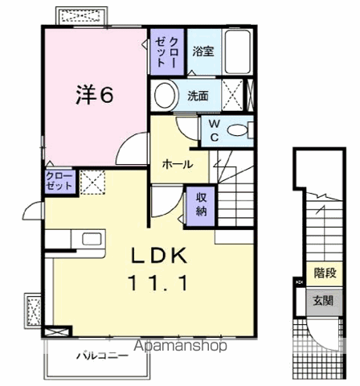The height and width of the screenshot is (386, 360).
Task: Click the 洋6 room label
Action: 94,95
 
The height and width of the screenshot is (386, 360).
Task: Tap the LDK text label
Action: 161,257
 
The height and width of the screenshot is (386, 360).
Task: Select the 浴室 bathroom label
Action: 202,51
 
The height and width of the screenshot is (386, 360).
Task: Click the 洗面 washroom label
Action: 198,96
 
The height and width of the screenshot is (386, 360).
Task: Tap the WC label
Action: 215,131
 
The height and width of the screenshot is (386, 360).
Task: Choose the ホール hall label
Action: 177,164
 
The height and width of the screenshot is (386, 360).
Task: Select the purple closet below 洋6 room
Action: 60,180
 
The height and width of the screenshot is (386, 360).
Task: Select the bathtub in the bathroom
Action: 239,52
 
